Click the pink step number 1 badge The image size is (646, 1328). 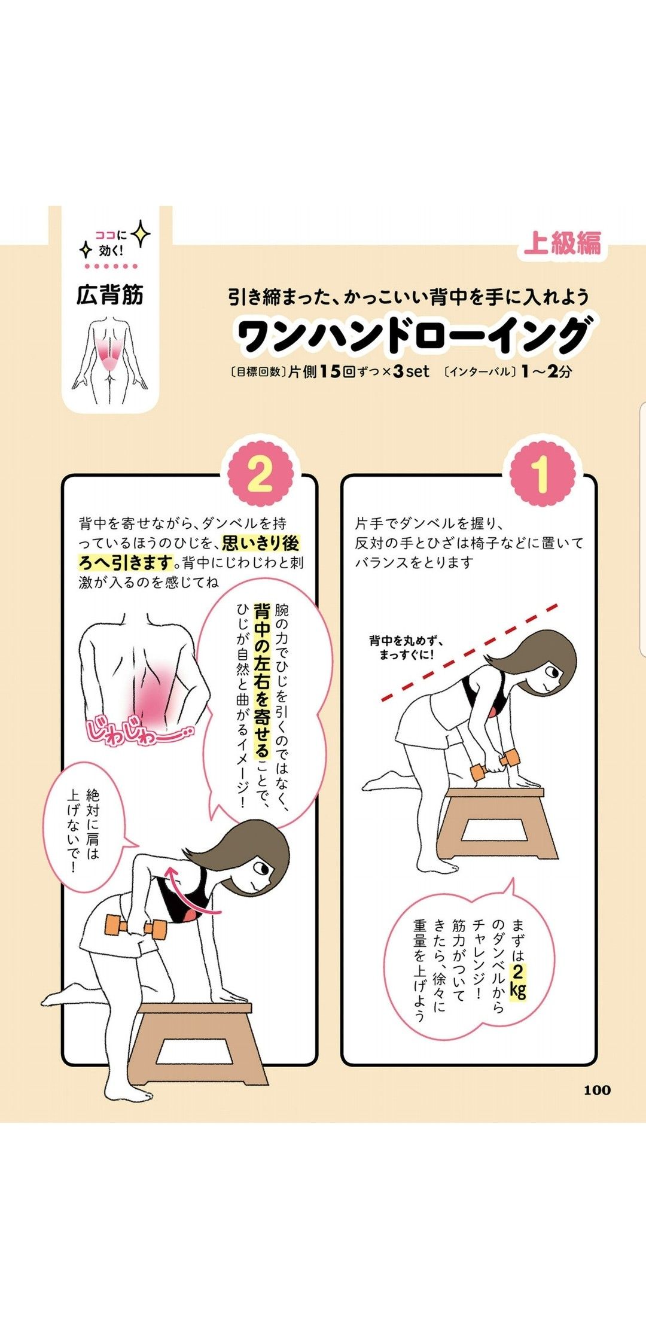point(540,474)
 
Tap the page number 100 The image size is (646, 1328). point(597,1090)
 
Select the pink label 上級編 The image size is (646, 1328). point(562,243)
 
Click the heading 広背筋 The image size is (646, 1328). point(110,295)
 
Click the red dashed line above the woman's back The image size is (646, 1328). point(470,652)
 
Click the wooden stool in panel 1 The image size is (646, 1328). point(496,822)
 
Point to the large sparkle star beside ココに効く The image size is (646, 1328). point(141,234)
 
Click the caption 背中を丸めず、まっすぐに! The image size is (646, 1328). point(407,648)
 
